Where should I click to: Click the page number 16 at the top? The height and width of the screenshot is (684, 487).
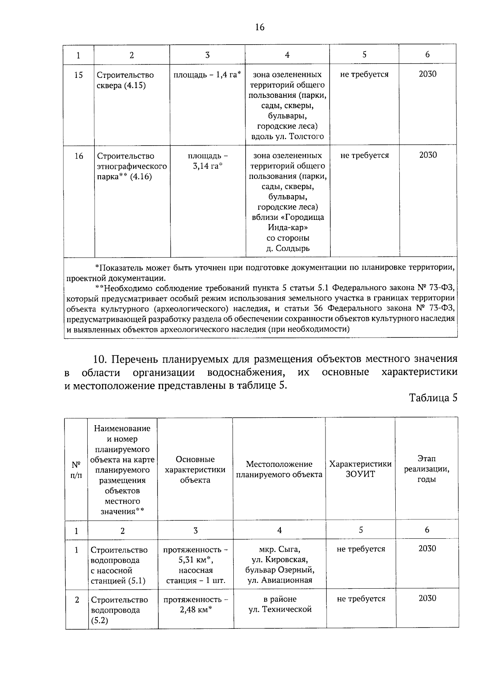260,27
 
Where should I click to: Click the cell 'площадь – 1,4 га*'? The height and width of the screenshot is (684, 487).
207,75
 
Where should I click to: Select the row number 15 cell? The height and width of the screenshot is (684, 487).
79,75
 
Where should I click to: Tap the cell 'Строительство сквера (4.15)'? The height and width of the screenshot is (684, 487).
125,80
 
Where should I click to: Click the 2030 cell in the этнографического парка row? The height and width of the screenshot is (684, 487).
428,155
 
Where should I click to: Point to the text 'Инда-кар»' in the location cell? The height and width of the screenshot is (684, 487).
287,228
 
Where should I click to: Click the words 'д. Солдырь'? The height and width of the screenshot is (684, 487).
288,248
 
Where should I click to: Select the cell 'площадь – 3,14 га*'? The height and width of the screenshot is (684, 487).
207,161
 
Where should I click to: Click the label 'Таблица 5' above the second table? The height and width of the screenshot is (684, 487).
433,398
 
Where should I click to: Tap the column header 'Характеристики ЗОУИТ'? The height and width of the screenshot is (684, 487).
360,469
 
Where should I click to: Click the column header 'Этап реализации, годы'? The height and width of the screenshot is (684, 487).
427,469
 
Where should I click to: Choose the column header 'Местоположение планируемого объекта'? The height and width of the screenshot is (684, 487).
279,469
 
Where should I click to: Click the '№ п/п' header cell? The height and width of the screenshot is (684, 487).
76,469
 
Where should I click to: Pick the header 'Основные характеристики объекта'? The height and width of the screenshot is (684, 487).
195,469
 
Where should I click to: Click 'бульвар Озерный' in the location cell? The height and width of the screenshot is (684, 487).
280,570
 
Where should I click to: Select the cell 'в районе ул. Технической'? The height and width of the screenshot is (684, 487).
280,604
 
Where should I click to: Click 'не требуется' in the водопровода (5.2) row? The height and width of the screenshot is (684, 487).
361,599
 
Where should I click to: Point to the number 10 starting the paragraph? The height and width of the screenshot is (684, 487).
99,359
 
